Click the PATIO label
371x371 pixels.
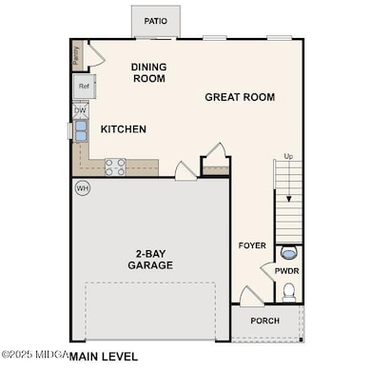point(156,20)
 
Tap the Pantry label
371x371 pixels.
point(76,55)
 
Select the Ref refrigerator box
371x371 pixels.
point(84,87)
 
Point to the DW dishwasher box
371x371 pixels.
point(80,110)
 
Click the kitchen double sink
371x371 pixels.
point(80,130)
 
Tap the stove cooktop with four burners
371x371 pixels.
point(115,167)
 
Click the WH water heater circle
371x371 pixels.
point(82,188)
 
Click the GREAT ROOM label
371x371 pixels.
point(240,97)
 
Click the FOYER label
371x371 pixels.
point(252,245)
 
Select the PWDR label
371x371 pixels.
point(287,270)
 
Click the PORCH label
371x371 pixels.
point(265,321)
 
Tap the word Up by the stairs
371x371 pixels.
point(288,157)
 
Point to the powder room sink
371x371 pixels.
point(289,253)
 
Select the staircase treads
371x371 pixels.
point(288,205)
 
